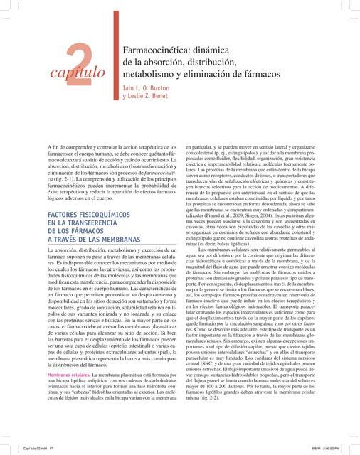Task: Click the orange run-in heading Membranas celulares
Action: coord(69,373)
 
